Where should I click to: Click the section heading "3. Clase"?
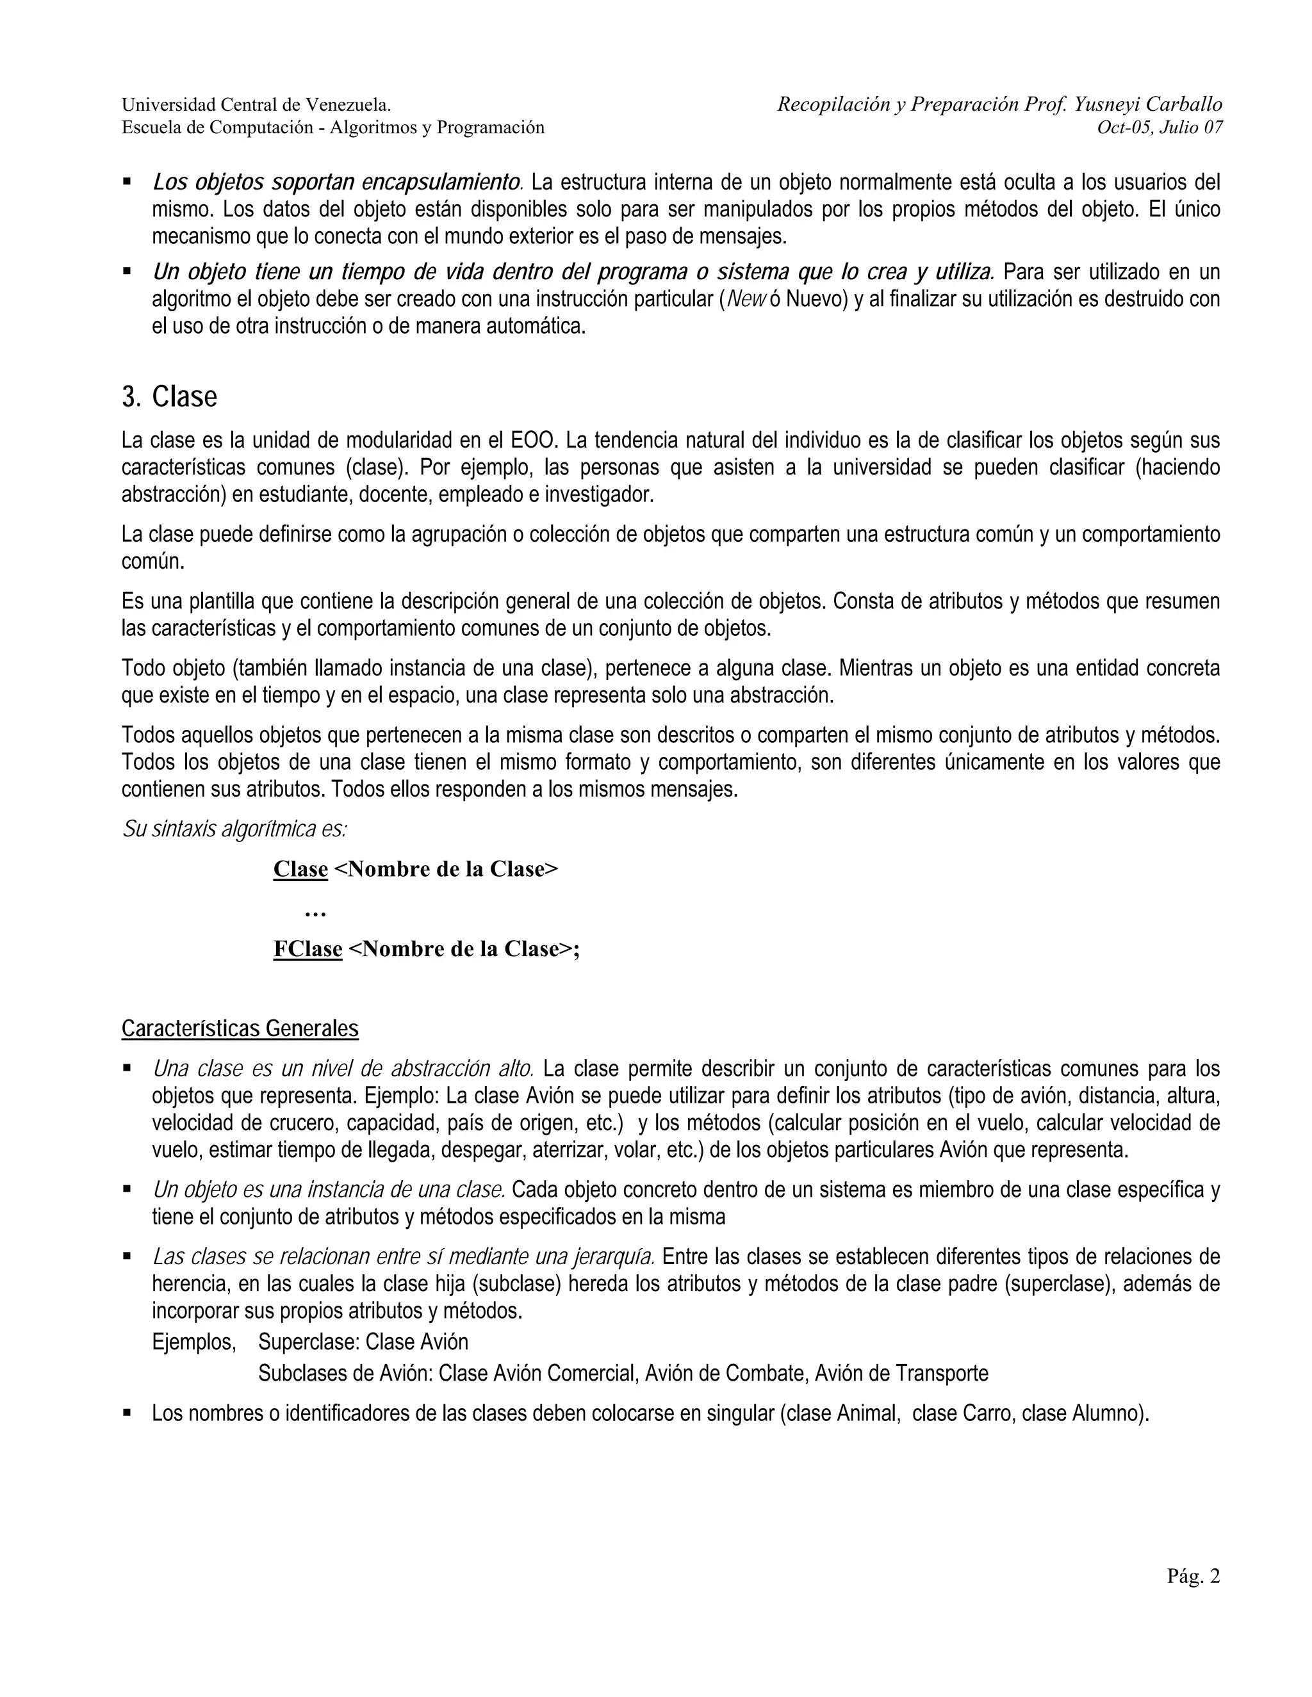pos(169,397)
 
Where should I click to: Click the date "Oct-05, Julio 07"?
pos(1160,127)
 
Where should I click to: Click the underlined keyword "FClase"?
pos(307,949)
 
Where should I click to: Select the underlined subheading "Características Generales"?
pos(240,1029)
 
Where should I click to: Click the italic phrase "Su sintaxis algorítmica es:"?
pos(234,829)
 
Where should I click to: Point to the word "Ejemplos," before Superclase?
pos(193,1342)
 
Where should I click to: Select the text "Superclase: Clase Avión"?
pos(363,1342)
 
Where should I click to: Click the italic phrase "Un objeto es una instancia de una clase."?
pos(329,1190)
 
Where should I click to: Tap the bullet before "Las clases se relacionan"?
pos(127,1256)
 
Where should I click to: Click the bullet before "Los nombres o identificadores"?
pos(127,1413)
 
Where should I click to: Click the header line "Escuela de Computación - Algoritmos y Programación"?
pos(332,127)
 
